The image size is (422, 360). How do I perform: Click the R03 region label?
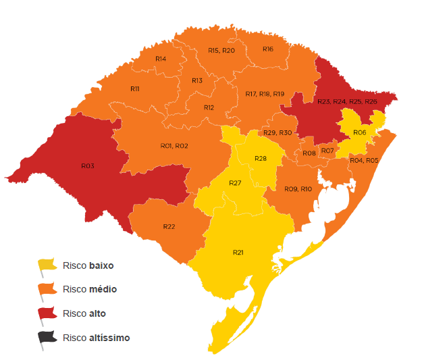tap(87, 165)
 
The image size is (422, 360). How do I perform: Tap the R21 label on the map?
tap(238, 252)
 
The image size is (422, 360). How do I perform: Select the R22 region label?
tap(169, 226)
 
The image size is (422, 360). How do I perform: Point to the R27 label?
tap(235, 184)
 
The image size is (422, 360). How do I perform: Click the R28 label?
tap(261, 158)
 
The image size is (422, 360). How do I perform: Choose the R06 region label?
tap(359, 132)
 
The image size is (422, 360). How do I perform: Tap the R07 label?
tap(327, 150)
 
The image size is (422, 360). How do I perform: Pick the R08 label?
tap(309, 154)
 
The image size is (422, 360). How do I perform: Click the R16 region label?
tap(268, 49)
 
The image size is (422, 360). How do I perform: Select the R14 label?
tap(161, 59)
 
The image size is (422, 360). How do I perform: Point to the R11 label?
tap(135, 88)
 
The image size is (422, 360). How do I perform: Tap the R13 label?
tap(197, 80)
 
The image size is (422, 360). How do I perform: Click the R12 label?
tap(209, 107)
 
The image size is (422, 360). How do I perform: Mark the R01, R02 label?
tap(174, 146)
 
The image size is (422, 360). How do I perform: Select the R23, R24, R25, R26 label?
tap(347, 101)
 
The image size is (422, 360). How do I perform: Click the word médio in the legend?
tap(103, 289)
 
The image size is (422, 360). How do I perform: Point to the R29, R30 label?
tap(278, 132)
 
